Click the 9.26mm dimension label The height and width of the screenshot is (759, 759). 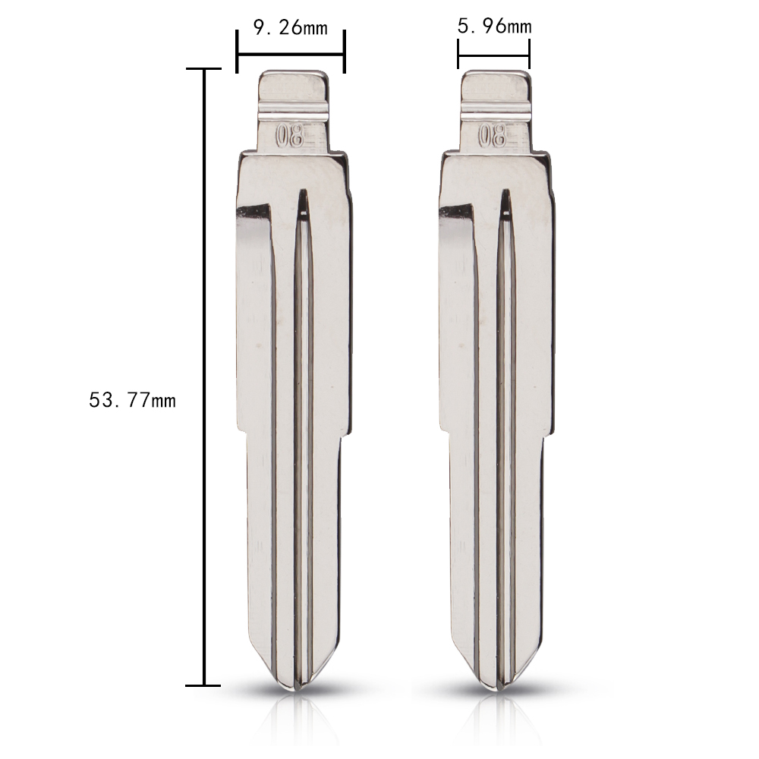(291, 28)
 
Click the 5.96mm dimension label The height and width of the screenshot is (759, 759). (494, 27)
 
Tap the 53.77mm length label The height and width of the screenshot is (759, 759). (132, 401)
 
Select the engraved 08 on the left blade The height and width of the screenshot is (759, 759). (289, 137)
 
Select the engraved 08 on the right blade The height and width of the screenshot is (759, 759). (493, 137)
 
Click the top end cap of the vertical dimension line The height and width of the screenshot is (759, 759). (203, 69)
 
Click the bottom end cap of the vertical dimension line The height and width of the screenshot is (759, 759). (203, 685)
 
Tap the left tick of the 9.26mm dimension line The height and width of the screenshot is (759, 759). (237, 52)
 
